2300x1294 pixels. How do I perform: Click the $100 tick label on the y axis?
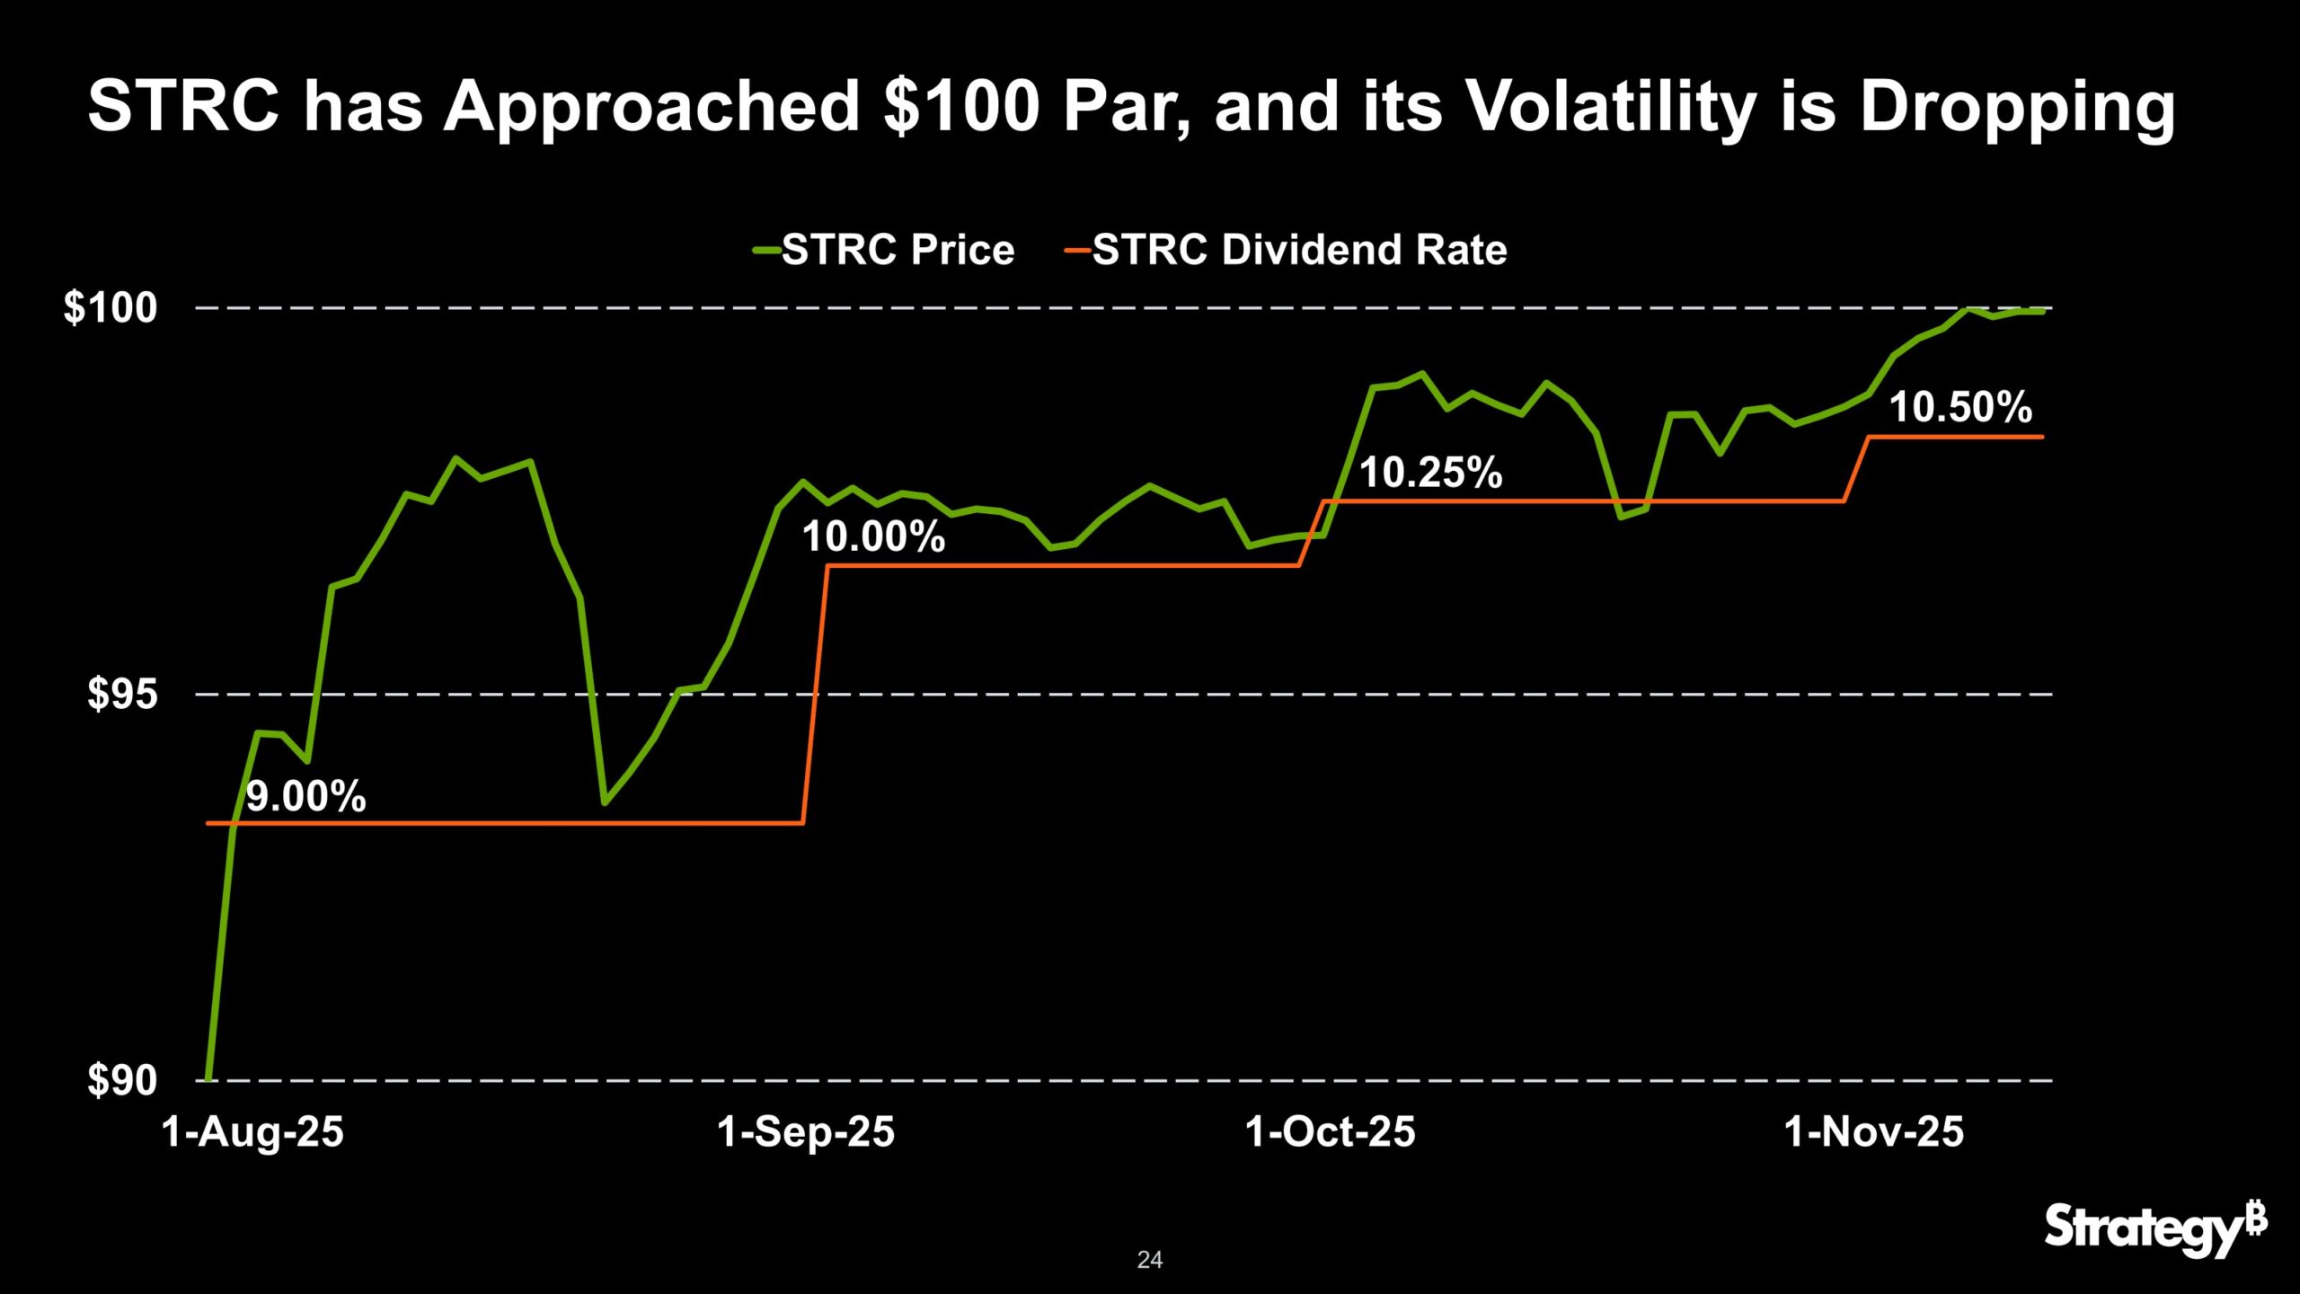click(110, 308)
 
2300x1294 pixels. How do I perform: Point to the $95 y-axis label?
click(122, 695)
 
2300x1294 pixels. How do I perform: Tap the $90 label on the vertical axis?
click(122, 1080)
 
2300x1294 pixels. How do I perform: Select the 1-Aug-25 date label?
click(252, 1131)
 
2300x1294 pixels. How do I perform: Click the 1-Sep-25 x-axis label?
click(806, 1131)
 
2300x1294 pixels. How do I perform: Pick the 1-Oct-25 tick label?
click(1330, 1131)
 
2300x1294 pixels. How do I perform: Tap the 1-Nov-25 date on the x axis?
click(1874, 1131)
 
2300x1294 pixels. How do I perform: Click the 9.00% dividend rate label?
click(305, 797)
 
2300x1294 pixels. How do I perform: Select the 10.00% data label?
click(873, 537)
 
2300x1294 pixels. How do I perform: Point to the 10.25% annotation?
click(1430, 473)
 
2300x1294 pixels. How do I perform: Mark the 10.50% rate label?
click(1960, 407)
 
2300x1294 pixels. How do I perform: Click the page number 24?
click(1149, 1260)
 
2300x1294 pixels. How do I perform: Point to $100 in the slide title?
click(961, 106)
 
